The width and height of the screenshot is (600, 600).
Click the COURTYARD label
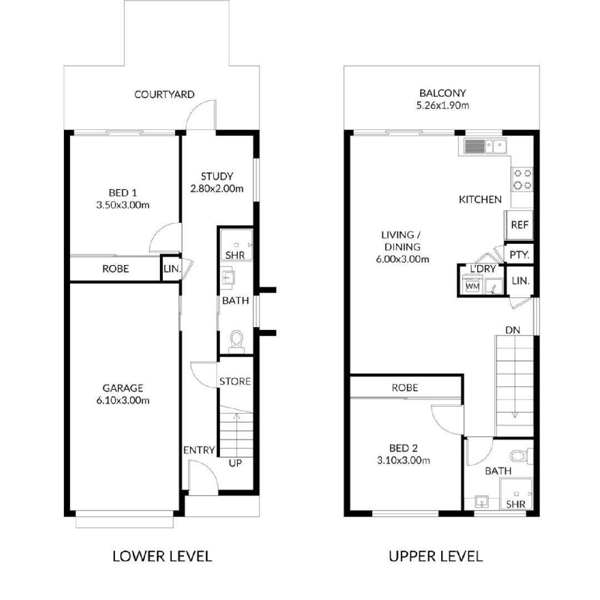tap(164, 94)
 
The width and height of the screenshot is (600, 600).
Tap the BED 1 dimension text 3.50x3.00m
tap(123, 205)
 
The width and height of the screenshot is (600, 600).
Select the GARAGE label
tap(123, 388)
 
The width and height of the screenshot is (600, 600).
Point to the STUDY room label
tap(217, 177)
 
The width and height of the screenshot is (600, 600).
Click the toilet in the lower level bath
tap(236, 342)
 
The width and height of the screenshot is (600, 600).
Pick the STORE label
tap(235, 381)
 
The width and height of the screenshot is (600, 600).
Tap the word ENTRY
tap(199, 450)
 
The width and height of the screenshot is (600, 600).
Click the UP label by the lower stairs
tap(236, 463)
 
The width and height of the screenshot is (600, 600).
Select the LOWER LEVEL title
tap(162, 556)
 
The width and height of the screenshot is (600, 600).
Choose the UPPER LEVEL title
tap(436, 556)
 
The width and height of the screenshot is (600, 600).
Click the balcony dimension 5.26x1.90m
tap(443, 105)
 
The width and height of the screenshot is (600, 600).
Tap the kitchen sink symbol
tap(485, 146)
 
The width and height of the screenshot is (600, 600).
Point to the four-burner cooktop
tap(522, 179)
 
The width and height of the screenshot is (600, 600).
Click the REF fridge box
tap(519, 225)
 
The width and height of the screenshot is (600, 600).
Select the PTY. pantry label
tap(519, 255)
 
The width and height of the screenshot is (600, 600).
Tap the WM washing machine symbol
tap(473, 286)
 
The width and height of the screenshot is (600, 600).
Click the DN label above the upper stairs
tap(513, 330)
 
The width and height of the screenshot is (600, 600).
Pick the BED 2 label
tap(403, 448)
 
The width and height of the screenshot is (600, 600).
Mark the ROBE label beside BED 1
tap(116, 269)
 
